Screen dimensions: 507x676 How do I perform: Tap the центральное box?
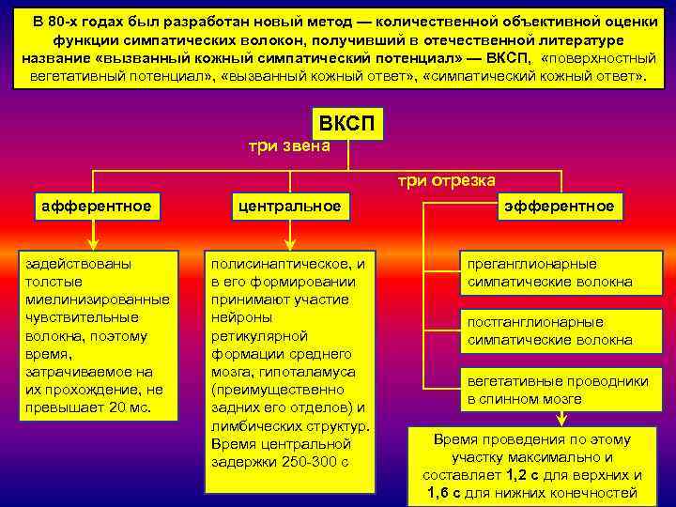[288, 205]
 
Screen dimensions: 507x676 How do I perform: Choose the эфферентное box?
[560, 205]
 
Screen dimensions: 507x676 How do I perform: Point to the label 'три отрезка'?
[447, 180]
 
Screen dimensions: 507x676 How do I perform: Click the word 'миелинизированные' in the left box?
[97, 300]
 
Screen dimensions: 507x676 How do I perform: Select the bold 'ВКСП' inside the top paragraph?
[506, 57]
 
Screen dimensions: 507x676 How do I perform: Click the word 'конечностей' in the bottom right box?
[597, 493]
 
